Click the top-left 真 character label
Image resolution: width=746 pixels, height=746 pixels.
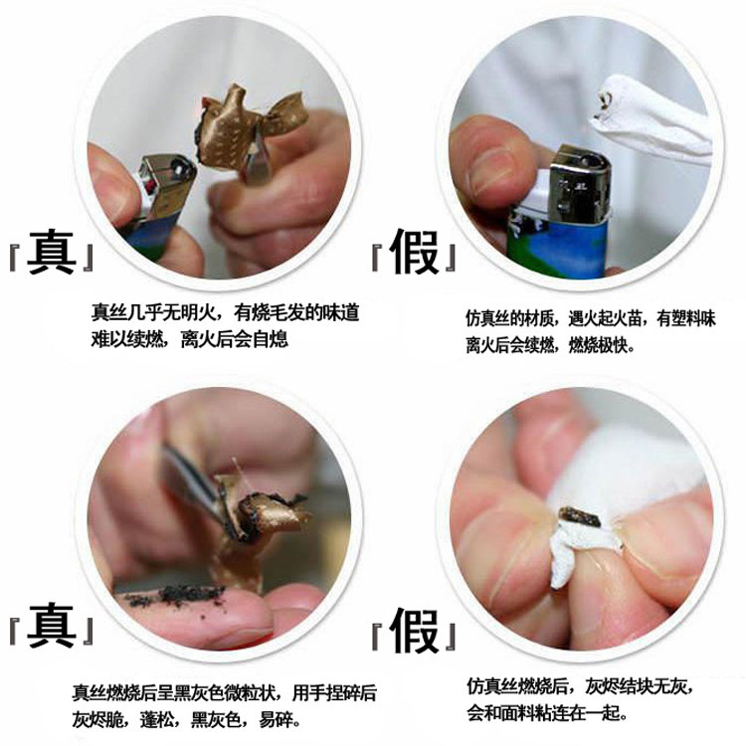click(x=52, y=253)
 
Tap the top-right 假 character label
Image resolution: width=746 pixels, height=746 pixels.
click(x=414, y=253)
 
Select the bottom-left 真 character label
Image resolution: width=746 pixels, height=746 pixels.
click(x=52, y=626)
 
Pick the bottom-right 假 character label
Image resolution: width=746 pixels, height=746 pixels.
click(x=414, y=631)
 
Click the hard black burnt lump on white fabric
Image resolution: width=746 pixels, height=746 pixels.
click(x=579, y=517)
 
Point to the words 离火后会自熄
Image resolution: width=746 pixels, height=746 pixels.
click(x=235, y=340)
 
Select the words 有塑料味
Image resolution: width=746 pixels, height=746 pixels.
click(x=686, y=318)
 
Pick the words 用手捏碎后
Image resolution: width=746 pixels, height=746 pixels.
click(x=334, y=692)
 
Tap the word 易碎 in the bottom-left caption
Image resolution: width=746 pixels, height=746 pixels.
click(x=275, y=719)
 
